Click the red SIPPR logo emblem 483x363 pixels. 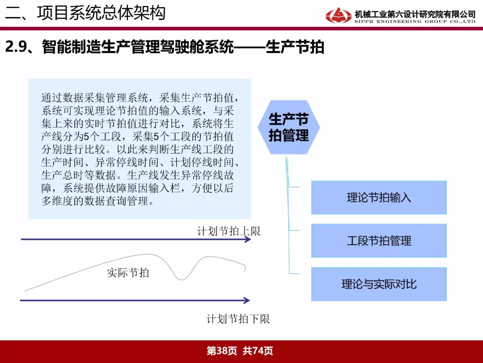(338, 15)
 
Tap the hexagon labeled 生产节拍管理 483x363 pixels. (288, 127)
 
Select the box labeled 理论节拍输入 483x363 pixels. (379, 198)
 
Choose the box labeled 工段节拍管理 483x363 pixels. (379, 241)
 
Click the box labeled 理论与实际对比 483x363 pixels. (379, 284)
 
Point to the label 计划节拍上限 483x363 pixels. (229, 231)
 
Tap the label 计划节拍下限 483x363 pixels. (238, 319)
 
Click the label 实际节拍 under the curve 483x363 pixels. (128, 272)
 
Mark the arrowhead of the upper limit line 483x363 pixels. (248, 239)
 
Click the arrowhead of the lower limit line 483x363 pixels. (246, 300)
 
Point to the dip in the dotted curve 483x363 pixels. (182, 279)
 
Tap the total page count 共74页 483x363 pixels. (258, 351)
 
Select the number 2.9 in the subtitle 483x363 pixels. (15, 47)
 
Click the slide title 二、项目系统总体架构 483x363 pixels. (85, 13)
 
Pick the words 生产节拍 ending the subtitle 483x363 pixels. (295, 47)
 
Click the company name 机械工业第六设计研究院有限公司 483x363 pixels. (415, 14)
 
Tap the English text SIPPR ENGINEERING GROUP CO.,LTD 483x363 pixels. (415, 22)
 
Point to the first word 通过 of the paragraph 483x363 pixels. (52, 98)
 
